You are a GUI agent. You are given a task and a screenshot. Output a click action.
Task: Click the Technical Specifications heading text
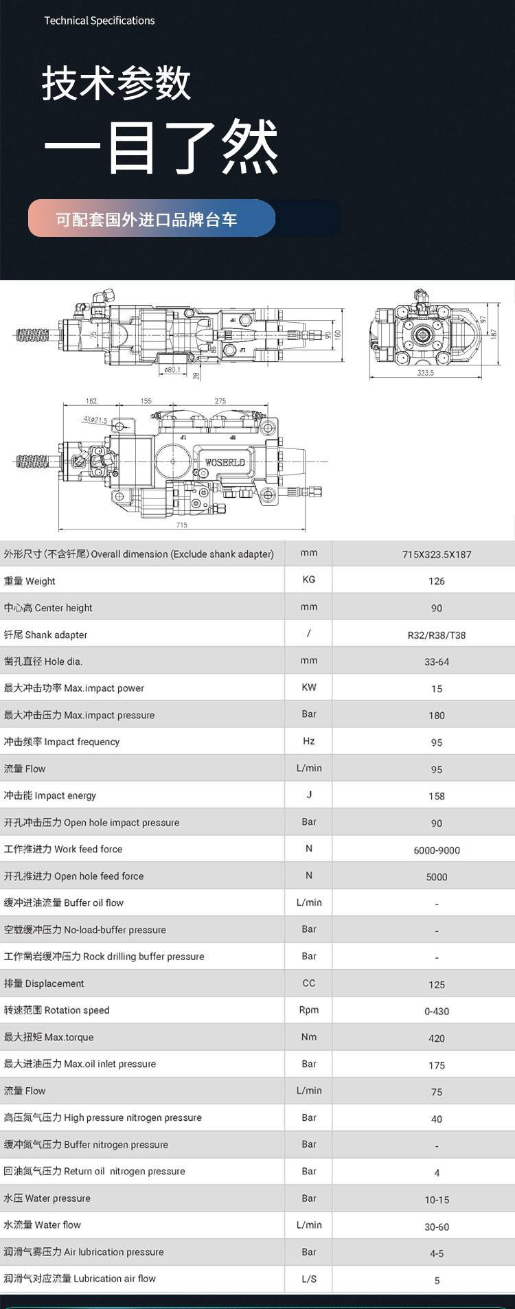coord(100,21)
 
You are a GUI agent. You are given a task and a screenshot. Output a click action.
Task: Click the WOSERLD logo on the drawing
coord(225,462)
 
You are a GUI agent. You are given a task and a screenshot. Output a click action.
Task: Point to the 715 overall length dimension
coord(181,525)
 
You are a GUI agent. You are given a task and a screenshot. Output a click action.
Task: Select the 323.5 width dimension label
coord(425,373)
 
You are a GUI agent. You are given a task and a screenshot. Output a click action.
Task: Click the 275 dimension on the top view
coord(220,401)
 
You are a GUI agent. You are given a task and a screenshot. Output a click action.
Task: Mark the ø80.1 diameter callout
coord(172,369)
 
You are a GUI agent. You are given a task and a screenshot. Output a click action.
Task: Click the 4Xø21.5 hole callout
coord(95,419)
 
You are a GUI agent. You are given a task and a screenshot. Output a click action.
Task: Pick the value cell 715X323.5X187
coord(437,554)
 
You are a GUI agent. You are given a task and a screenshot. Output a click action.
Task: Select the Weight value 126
coord(437,581)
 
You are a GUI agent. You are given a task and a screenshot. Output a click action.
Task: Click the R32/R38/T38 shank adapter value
coord(437,635)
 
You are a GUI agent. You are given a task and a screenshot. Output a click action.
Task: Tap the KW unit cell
coord(309,687)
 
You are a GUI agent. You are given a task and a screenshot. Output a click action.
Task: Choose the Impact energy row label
coord(50,795)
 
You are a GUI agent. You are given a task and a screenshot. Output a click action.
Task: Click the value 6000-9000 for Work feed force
coord(437,850)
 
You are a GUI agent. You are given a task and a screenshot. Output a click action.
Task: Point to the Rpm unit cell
coord(309,1010)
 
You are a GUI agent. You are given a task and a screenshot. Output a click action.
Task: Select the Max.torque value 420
coord(437,1038)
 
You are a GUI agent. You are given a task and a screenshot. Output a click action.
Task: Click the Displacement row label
coord(44,983)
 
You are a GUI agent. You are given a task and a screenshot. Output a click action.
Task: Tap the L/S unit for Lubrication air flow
coord(309,1278)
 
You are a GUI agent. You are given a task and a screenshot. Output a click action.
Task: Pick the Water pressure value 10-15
coord(437,1199)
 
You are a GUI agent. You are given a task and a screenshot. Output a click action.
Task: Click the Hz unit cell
coord(309,741)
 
